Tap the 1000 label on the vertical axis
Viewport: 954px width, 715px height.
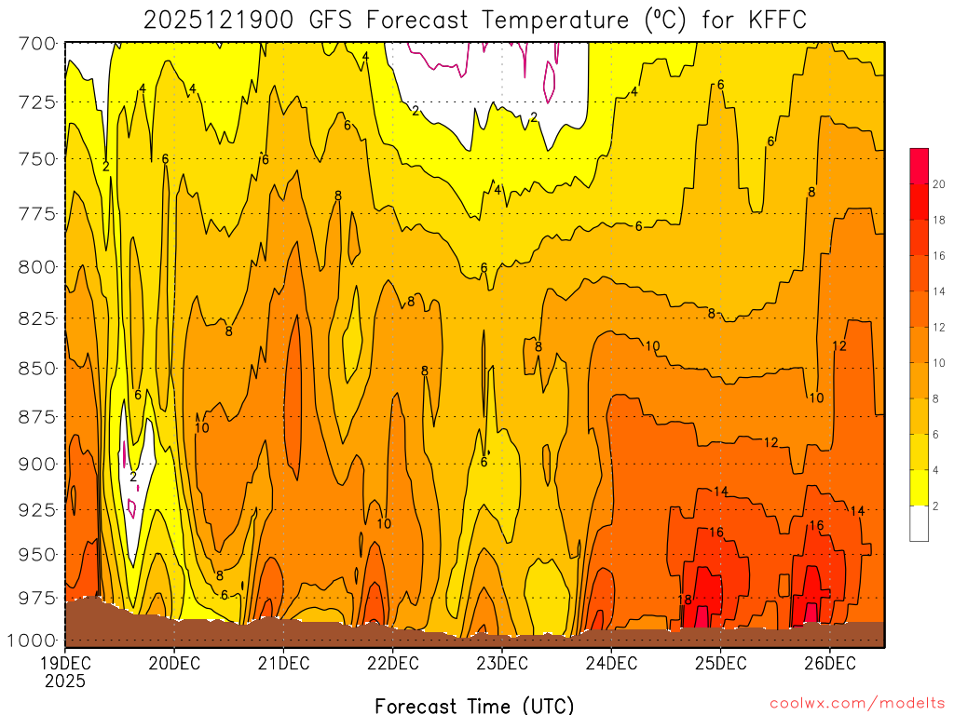tap(33, 640)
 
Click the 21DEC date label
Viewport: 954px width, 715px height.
tap(283, 664)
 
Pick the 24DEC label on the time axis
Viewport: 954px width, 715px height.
tap(611, 664)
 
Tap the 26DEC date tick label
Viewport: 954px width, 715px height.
tap(829, 664)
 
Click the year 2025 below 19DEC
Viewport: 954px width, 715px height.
tap(65, 681)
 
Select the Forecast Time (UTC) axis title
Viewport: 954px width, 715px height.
tap(474, 705)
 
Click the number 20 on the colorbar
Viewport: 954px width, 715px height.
tap(939, 184)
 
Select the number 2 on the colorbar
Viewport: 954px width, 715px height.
tap(935, 506)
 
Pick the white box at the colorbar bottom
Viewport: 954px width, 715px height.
tap(920, 523)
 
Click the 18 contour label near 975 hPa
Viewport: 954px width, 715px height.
tap(685, 600)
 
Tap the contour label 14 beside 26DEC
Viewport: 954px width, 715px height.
tap(857, 510)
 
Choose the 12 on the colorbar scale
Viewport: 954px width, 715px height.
tap(939, 327)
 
